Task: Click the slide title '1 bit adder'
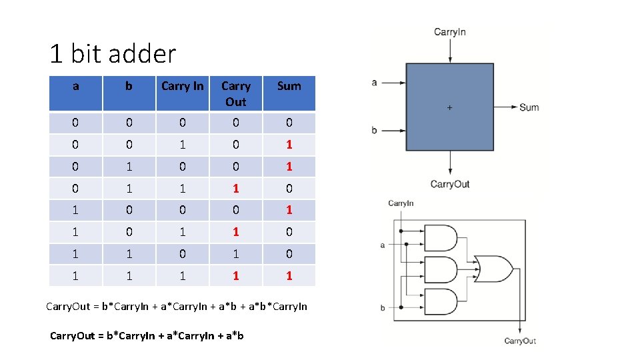(113, 53)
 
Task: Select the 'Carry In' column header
(182, 86)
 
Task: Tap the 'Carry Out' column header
(235, 94)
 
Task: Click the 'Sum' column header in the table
(289, 86)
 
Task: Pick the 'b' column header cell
(129, 86)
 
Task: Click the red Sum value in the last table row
(289, 275)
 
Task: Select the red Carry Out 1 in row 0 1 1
(235, 189)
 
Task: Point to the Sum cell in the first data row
(289, 123)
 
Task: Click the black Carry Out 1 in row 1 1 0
(235, 253)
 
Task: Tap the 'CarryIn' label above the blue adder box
(450, 31)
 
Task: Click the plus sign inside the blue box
(449, 107)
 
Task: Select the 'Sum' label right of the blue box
(529, 107)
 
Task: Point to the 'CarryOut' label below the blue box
(450, 184)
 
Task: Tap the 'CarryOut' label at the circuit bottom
(520, 341)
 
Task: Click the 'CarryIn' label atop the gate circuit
(401, 203)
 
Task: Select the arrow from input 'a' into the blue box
(393, 83)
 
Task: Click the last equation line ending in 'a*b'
(147, 335)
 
